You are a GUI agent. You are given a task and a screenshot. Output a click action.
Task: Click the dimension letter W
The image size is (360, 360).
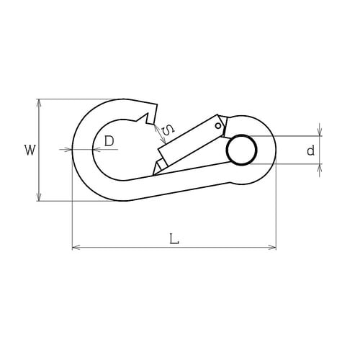30,150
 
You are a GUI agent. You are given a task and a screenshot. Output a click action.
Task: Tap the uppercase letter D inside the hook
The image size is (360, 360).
109,141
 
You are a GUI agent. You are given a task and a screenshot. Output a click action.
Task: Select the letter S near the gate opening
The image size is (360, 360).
167,130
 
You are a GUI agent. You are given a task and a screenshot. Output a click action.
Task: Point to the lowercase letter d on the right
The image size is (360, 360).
310,151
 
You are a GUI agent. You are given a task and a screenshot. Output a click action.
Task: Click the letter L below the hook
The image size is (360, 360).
174,239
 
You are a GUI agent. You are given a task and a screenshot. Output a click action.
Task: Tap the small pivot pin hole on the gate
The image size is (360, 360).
217,126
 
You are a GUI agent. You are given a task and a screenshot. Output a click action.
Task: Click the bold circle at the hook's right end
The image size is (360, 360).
241,150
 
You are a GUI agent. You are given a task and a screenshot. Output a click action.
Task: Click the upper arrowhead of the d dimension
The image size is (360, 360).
320,132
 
